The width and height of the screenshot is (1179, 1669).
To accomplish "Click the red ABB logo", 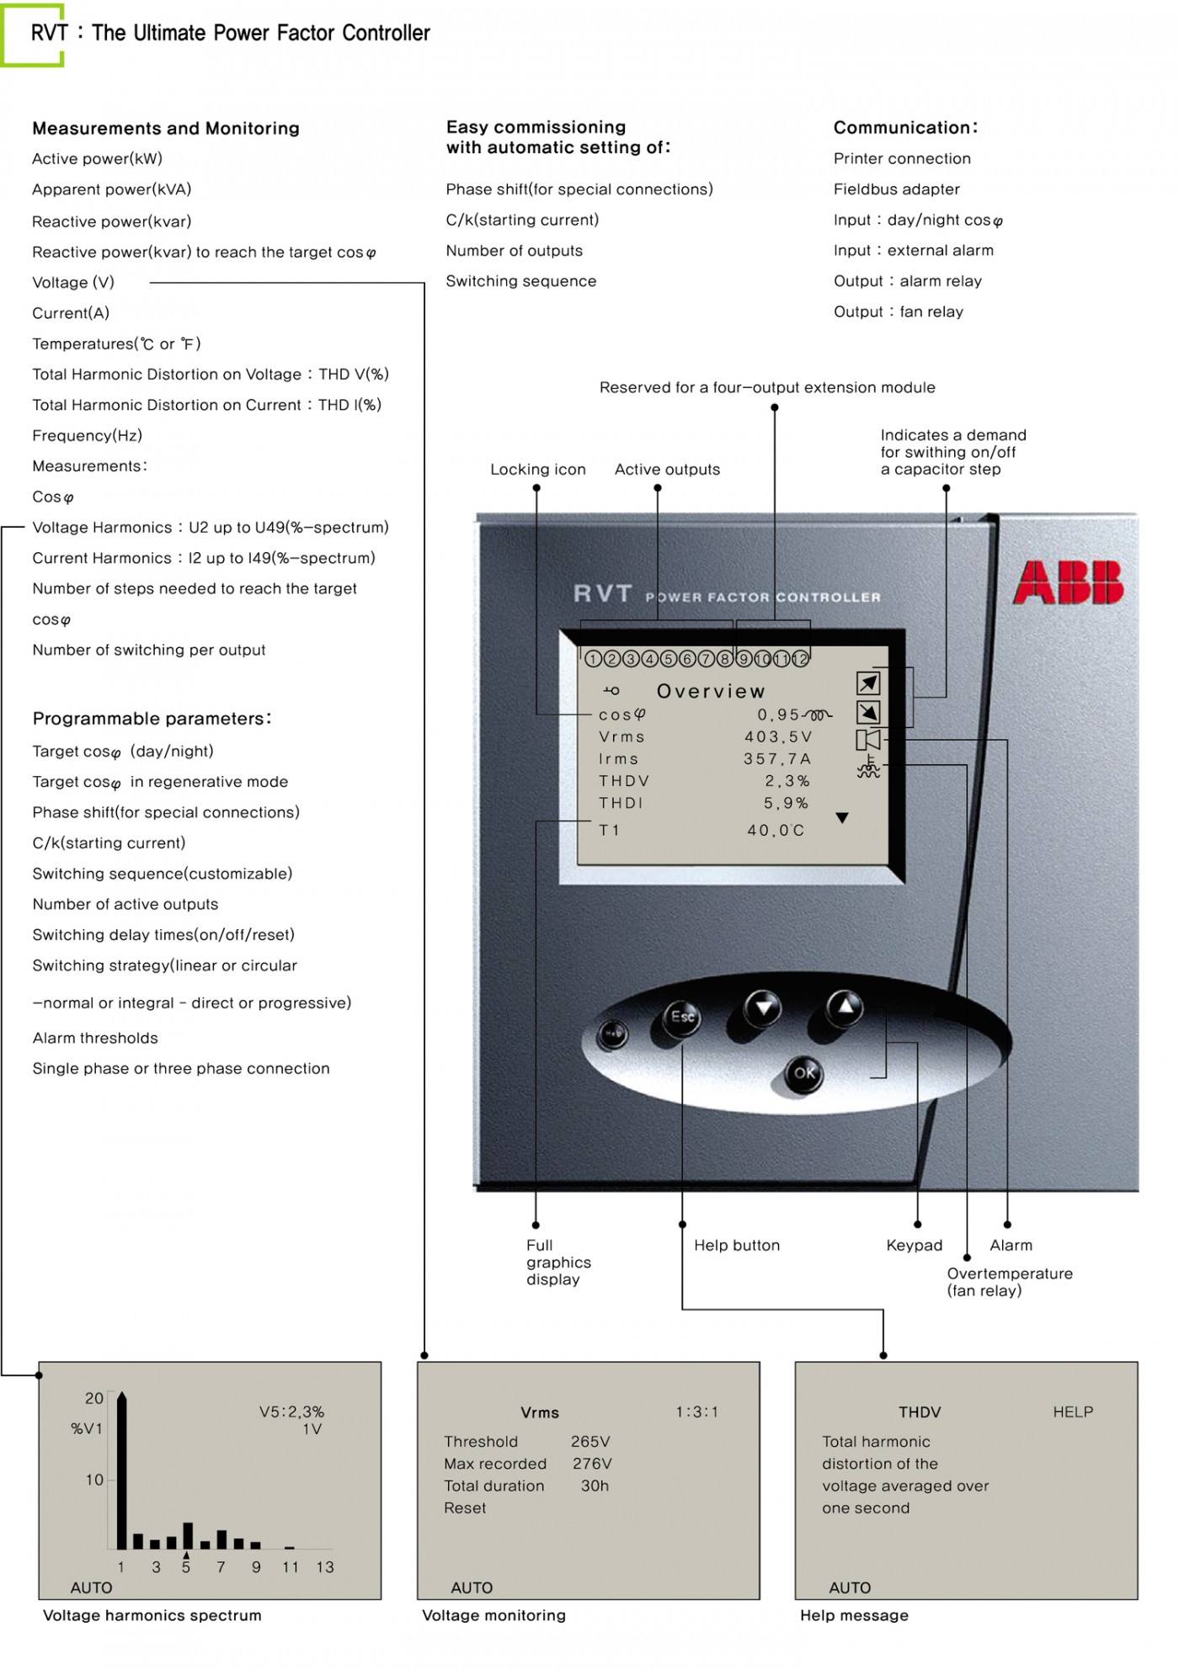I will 1068,582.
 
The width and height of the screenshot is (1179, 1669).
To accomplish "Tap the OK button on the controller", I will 804,1072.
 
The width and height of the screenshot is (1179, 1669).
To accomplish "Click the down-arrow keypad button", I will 763,1007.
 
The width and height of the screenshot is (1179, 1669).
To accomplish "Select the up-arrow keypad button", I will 845,1007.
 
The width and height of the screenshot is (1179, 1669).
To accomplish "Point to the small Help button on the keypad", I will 612,1034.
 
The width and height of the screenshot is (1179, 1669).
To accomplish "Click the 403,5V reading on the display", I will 778,736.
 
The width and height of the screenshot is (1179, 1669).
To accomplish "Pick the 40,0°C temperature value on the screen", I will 776,830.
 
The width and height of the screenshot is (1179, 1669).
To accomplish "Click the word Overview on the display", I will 711,691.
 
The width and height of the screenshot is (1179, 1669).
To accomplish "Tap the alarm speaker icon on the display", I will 868,740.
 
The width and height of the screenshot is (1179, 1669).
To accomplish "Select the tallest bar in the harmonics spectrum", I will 122,1471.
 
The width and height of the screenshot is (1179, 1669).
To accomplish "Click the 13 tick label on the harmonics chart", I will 325,1567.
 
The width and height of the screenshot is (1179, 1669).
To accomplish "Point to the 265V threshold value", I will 590,1442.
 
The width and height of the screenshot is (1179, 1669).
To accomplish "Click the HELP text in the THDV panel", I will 1073,1412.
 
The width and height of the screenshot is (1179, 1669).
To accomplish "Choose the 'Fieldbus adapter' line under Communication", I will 896,189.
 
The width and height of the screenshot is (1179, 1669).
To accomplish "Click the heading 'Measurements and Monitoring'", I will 166,128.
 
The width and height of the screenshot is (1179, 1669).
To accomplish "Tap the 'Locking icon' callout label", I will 537,470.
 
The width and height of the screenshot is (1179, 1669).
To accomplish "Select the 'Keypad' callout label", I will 914,1245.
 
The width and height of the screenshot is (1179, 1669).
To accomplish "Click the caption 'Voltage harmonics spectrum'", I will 152,1615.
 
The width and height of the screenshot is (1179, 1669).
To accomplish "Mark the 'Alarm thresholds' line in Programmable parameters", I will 95,1038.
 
